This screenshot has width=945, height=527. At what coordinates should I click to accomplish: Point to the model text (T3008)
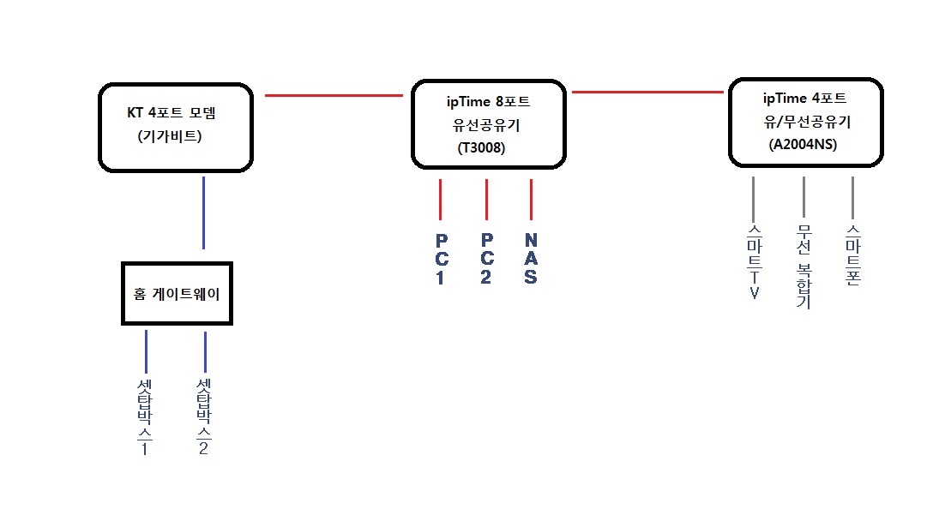pos(482,147)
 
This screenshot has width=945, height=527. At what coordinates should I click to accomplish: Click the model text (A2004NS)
pos(803,145)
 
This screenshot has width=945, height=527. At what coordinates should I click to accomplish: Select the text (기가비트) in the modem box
pos(169,136)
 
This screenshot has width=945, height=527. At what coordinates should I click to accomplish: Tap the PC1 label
pos(441,259)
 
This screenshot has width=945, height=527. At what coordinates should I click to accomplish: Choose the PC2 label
pos(486,259)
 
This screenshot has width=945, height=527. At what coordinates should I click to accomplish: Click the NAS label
pos(530,259)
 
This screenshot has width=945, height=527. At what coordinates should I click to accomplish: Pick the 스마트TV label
pos(754,262)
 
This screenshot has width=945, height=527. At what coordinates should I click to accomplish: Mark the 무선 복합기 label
pos(804,266)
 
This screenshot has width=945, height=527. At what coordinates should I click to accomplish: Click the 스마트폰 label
pos(852,255)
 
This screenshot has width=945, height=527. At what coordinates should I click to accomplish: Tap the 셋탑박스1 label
pos(145,416)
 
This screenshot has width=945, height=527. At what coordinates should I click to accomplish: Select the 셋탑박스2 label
pos(204,416)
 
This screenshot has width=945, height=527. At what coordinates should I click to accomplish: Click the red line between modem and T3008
pos(334,95)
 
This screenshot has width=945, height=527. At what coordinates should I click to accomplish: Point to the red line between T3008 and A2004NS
pos(647,93)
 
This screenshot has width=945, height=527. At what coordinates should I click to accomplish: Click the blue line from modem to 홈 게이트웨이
pos(204,213)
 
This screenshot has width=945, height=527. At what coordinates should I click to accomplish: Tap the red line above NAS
pos(531,200)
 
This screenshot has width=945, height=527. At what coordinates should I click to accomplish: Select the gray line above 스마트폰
pos(852,198)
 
